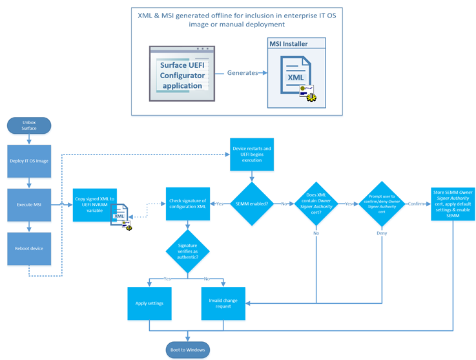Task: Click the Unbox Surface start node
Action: tap(29, 125)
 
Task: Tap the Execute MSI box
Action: tap(29, 205)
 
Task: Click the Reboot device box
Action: tap(29, 248)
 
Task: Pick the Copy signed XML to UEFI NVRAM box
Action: tap(94, 205)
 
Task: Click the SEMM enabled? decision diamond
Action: tap(252, 204)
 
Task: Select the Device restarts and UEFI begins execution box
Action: tap(252, 154)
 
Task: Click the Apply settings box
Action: tap(150, 302)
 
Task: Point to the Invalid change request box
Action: tap(223, 302)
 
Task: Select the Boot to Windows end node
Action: tap(188, 350)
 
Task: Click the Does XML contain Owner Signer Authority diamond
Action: tap(316, 204)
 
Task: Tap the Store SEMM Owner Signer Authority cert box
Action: tap(452, 204)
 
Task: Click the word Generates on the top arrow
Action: tap(242, 73)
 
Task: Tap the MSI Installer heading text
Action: tap(288, 44)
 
